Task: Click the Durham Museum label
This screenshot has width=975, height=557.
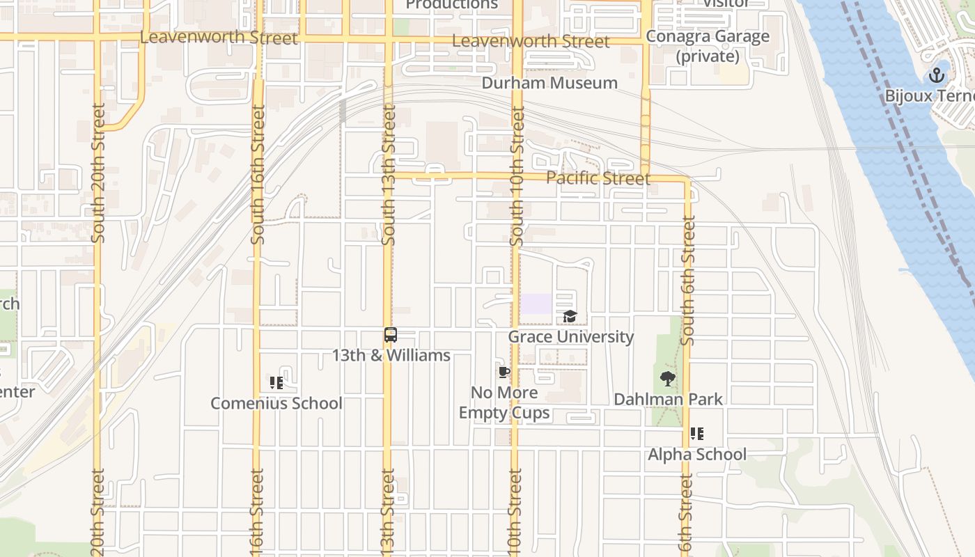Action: (x=550, y=83)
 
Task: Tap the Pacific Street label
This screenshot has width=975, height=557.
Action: (x=598, y=178)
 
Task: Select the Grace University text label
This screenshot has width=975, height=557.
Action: (x=570, y=337)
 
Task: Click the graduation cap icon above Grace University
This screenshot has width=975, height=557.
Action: (x=570, y=317)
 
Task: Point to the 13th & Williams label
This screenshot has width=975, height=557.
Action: (x=391, y=356)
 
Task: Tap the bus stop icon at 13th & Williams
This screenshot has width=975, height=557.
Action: (x=391, y=335)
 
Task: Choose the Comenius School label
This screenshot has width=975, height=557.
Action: (x=276, y=403)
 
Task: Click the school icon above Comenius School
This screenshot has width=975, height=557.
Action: (x=276, y=383)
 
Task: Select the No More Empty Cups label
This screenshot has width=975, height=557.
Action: (x=504, y=402)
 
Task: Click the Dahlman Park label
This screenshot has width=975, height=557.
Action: (x=668, y=399)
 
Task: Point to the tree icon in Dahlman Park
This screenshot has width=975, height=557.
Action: (x=668, y=379)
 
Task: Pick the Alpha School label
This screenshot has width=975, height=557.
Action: (x=697, y=455)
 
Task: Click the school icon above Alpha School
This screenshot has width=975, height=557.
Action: (x=697, y=434)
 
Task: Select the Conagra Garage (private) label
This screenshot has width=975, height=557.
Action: (x=708, y=46)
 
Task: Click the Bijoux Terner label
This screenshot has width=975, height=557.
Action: (x=930, y=95)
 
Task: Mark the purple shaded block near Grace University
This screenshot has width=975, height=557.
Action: (x=536, y=304)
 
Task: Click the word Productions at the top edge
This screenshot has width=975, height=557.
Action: (x=452, y=5)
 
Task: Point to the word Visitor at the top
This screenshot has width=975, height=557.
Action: (x=726, y=3)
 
